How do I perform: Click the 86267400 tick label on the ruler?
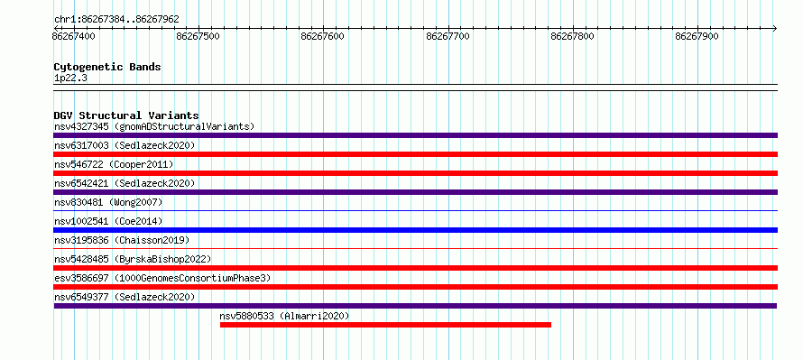(73, 36)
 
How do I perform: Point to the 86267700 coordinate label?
(448, 36)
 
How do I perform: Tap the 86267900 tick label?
(697, 36)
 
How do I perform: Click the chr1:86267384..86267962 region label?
(116, 20)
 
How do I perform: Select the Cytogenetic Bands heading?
(107, 67)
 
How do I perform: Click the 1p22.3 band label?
(70, 78)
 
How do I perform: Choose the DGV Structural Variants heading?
(126, 115)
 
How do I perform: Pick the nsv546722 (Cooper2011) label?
(114, 164)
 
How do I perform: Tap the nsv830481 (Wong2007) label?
(108, 202)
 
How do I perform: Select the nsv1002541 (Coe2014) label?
(108, 221)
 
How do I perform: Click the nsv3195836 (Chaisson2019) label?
(122, 240)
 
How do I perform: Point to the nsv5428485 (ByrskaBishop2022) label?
(133, 259)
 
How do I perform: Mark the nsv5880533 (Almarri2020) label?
(284, 316)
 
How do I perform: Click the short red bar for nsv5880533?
(385, 325)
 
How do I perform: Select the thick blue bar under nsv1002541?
(415, 230)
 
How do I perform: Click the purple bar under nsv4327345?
(415, 135)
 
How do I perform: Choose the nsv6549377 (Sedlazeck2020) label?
(125, 297)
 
